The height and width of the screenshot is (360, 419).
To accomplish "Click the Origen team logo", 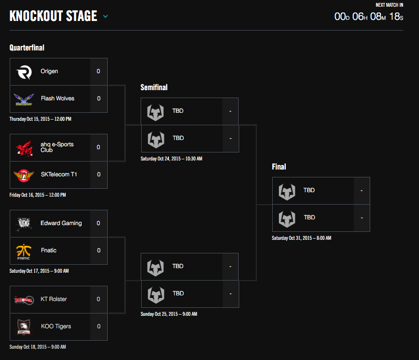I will click(x=25, y=72).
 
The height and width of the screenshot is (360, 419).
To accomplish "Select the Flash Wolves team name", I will click(x=57, y=99).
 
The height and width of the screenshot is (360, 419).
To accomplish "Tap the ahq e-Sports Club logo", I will click(x=25, y=148).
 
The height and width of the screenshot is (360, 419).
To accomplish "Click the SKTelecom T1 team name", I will click(x=59, y=175).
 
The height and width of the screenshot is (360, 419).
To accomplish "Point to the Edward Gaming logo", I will click(x=25, y=224).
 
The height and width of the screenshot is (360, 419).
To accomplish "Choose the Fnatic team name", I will click(x=49, y=251).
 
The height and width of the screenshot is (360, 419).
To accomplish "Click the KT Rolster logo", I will click(x=25, y=300).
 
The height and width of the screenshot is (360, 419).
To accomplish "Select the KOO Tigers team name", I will click(x=56, y=327).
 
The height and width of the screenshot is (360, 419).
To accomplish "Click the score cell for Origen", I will click(x=99, y=71).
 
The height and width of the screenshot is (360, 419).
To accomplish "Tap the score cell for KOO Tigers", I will click(x=99, y=327).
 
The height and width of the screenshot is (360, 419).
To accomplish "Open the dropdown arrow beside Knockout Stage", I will click(x=105, y=16).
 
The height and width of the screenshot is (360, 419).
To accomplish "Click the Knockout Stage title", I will click(x=53, y=16).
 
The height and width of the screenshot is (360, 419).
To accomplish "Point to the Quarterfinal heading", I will click(x=27, y=48).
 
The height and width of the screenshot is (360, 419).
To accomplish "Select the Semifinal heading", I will click(x=154, y=87).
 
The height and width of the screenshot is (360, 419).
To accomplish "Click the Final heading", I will click(x=279, y=167).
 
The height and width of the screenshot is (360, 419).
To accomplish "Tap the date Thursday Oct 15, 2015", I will click(x=40, y=119).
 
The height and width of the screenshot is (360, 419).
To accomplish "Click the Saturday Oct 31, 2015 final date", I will click(x=301, y=238).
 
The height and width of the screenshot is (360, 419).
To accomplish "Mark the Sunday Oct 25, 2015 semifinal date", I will click(x=169, y=314).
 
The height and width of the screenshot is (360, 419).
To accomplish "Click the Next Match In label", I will click(x=390, y=5).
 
